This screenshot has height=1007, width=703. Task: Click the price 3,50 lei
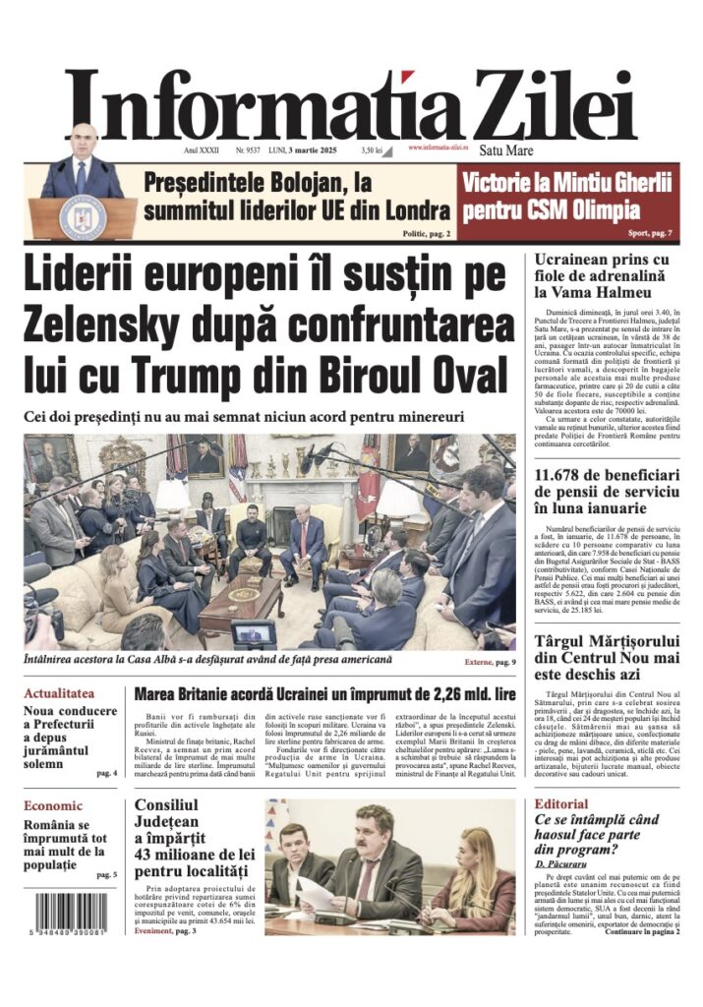(371, 150)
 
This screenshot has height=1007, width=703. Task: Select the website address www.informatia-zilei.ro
(442, 148)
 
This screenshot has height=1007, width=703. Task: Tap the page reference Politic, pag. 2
(427, 234)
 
